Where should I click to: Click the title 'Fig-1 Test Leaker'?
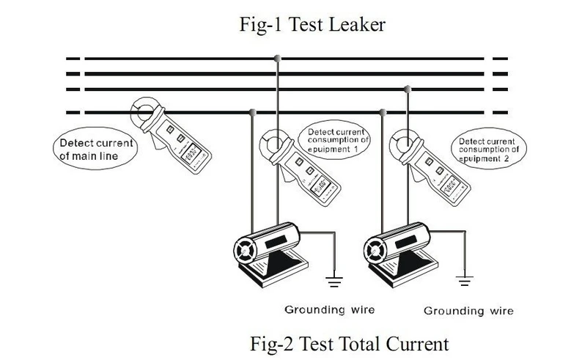tap(312, 25)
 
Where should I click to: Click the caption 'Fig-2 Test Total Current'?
tap(349, 344)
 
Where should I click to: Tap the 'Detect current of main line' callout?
tap(95, 149)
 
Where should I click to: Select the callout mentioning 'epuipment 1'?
tap(334, 140)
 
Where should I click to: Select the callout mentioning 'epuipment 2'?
tap(488, 149)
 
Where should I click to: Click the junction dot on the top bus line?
tap(278, 59)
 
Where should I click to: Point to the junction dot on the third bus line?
tap(408, 89)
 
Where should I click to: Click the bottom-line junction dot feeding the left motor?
tap(252, 112)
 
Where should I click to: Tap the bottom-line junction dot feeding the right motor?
tap(383, 112)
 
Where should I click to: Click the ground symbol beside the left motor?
tap(334, 282)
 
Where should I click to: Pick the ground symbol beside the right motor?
tap(464, 281)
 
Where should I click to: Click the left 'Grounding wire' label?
tap(330, 310)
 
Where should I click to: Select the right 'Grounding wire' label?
tap(468, 311)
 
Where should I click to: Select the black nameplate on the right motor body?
tap(405, 242)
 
